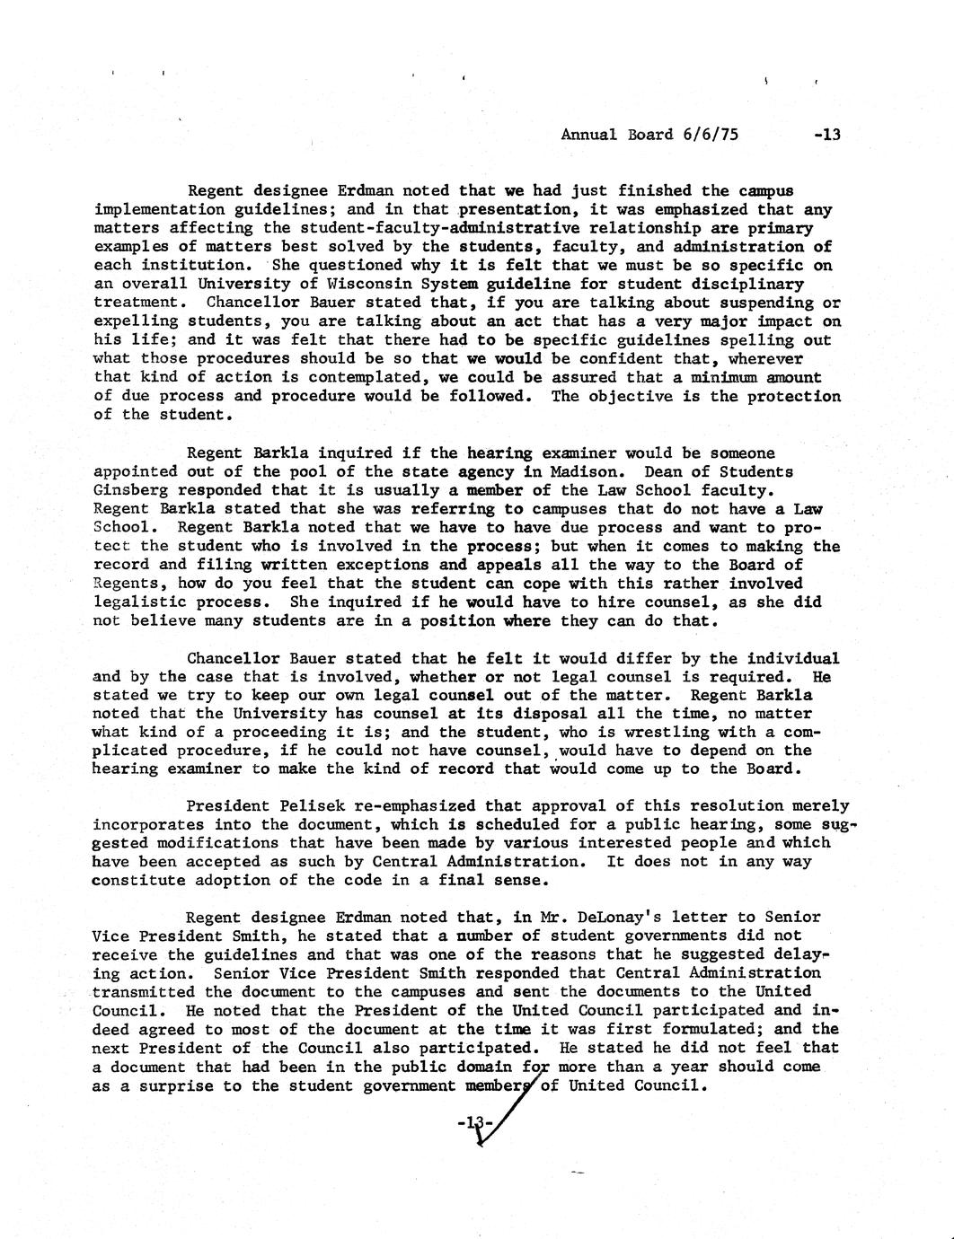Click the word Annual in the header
(x=588, y=135)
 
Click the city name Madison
(x=584, y=471)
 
